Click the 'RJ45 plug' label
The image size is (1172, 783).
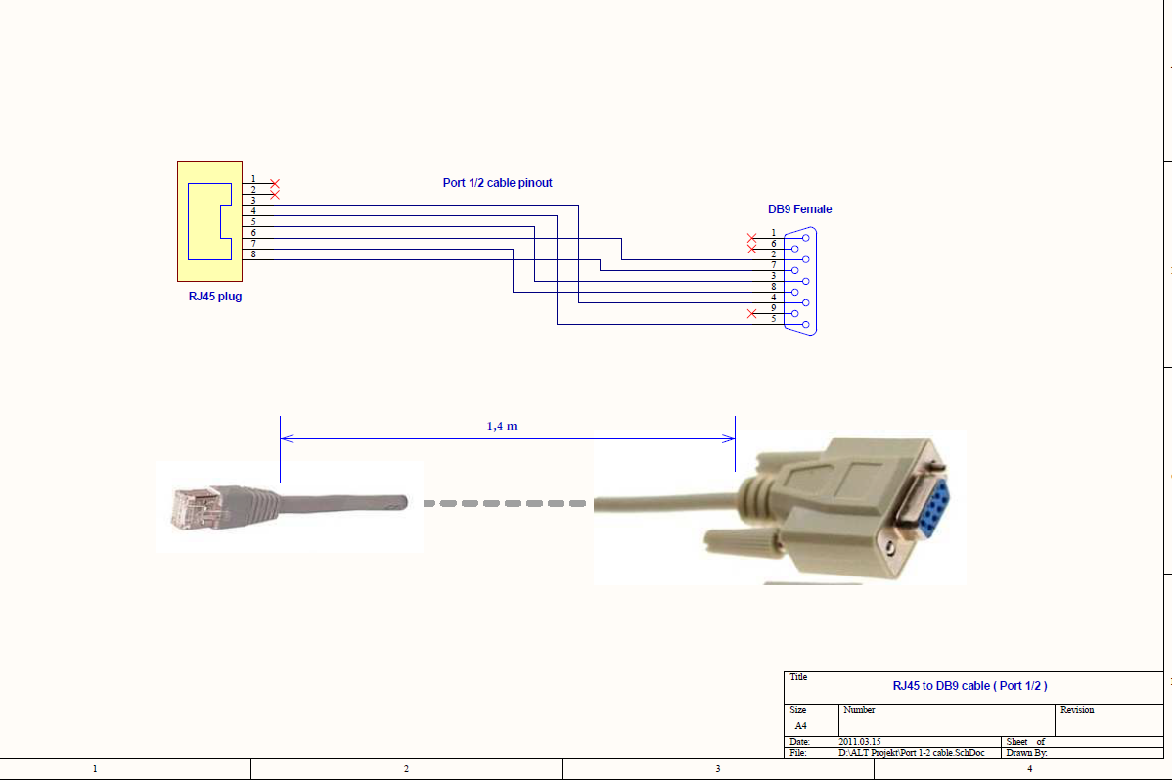(214, 297)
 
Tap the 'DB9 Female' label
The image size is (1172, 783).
(799, 209)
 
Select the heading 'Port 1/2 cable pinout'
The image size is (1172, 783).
(497, 183)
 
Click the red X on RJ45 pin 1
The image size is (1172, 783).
(275, 184)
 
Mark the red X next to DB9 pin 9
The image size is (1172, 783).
(751, 313)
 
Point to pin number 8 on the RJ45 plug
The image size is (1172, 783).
(253, 254)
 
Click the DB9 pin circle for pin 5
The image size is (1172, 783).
(805, 324)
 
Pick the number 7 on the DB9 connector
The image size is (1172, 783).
(773, 265)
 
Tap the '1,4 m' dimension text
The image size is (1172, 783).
(502, 427)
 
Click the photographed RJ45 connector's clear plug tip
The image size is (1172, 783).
(189, 508)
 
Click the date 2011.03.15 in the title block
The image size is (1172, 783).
(860, 743)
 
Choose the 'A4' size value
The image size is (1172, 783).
(800, 726)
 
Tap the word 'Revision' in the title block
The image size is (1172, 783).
(1077, 710)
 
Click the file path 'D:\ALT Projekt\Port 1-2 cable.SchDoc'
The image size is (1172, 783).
(911, 753)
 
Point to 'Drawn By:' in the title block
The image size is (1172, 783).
(1026, 753)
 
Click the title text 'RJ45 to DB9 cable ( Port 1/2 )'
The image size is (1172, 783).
(969, 686)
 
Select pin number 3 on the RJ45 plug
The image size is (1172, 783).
(253, 201)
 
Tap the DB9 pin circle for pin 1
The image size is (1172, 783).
(805, 238)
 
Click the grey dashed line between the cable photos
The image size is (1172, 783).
(508, 503)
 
